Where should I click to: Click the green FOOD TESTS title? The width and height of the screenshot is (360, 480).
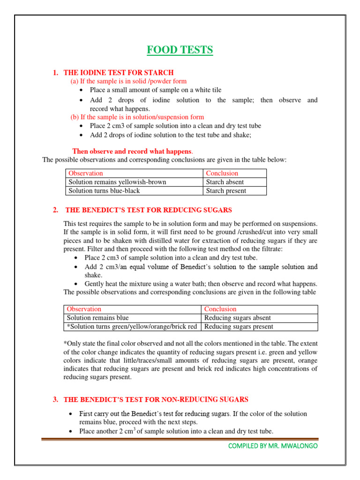coord(180,50)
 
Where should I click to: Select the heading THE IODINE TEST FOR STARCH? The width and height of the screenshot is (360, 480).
coord(118,73)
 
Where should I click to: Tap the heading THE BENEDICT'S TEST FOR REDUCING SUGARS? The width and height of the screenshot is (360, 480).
coord(149,210)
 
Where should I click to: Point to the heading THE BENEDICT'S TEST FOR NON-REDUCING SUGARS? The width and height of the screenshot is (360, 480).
coord(156,399)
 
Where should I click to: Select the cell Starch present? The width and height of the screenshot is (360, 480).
coord(226,191)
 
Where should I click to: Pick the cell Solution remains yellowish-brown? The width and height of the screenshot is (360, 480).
coord(117,182)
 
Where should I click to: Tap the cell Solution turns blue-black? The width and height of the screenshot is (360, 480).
coord(104,191)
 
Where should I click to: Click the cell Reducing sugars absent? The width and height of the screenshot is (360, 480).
coord(238,318)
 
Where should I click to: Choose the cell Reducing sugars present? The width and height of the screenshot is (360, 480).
coord(239,327)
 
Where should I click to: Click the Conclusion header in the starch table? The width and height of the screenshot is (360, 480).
coord(222,173)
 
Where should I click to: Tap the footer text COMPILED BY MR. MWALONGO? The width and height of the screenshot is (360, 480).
coord(272,446)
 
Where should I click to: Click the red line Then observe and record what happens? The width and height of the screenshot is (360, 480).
coord(132,151)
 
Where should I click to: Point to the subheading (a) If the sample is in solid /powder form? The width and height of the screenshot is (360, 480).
coord(128,81)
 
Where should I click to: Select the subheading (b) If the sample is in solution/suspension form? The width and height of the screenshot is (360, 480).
coord(137,117)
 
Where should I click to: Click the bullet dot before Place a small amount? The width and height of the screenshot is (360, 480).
coord(82,90)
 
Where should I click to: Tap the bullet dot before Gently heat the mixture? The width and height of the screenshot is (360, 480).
coord(76,285)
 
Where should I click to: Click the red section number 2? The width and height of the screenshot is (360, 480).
coord(55,210)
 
